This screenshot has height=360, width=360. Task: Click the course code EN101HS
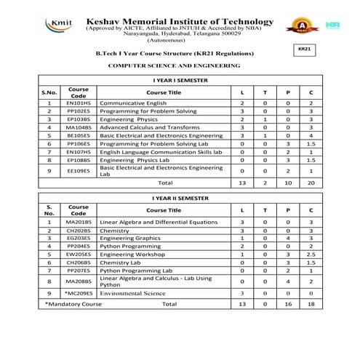click(x=79, y=103)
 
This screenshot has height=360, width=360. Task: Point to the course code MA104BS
click(x=79, y=127)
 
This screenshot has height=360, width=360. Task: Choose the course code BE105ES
click(x=79, y=135)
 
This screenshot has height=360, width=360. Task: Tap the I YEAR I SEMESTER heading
click(x=180, y=78)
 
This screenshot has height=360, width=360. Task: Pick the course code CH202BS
click(x=79, y=230)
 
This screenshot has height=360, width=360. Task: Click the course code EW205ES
click(x=79, y=254)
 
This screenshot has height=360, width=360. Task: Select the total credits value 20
click(x=311, y=183)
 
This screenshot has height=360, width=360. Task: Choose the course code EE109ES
click(x=79, y=171)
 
